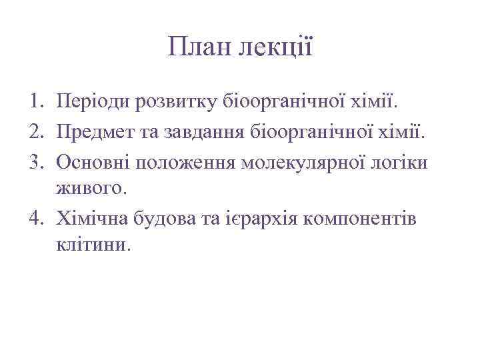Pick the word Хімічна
click(94, 218)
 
